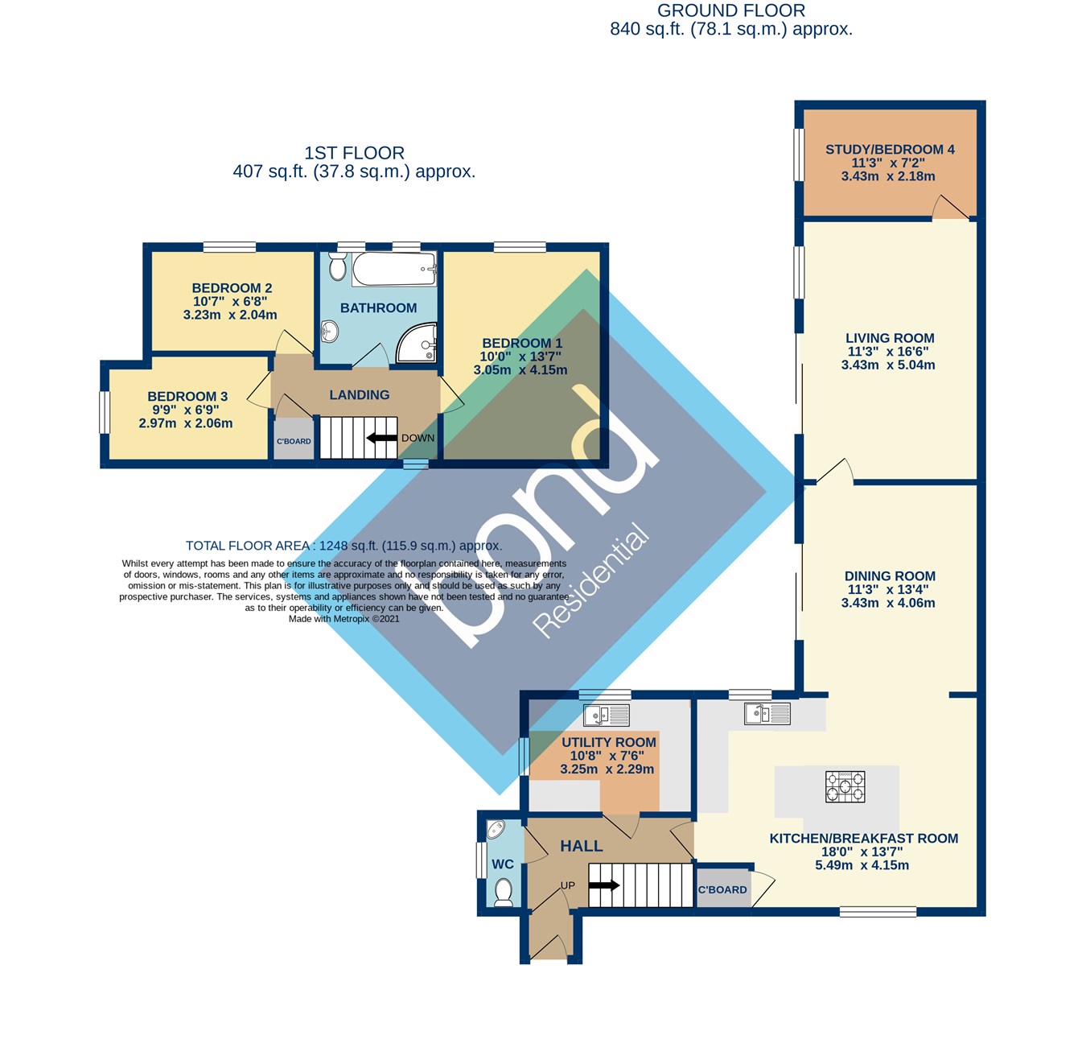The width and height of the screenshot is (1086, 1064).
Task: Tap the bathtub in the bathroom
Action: (x=394, y=269)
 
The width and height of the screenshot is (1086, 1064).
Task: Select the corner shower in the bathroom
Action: (x=417, y=342)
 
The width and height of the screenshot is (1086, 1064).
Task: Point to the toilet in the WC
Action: (x=503, y=893)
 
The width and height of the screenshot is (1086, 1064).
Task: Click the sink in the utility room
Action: (x=607, y=716)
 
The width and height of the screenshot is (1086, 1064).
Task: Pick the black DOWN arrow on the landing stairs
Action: (x=381, y=438)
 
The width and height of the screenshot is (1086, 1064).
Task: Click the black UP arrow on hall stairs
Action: (x=604, y=885)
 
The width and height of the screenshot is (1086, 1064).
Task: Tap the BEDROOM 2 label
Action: (x=232, y=288)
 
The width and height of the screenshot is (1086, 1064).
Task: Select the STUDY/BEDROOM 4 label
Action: (x=890, y=150)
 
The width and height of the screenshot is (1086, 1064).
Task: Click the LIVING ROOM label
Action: (x=890, y=338)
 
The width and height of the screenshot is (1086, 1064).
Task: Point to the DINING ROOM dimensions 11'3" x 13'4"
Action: (x=888, y=590)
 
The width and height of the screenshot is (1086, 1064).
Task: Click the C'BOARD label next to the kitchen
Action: (x=722, y=890)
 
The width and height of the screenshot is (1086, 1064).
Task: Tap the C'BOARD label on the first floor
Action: (x=294, y=441)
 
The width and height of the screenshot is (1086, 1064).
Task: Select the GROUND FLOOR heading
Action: (x=731, y=10)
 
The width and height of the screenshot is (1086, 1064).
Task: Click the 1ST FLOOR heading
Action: (x=355, y=153)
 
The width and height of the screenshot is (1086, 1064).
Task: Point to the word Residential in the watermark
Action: (x=591, y=581)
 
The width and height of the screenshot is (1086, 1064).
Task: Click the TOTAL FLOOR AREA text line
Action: (x=343, y=546)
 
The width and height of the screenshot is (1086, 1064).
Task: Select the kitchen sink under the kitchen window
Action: (x=767, y=714)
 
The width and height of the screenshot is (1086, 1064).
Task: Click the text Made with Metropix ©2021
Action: (x=343, y=619)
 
